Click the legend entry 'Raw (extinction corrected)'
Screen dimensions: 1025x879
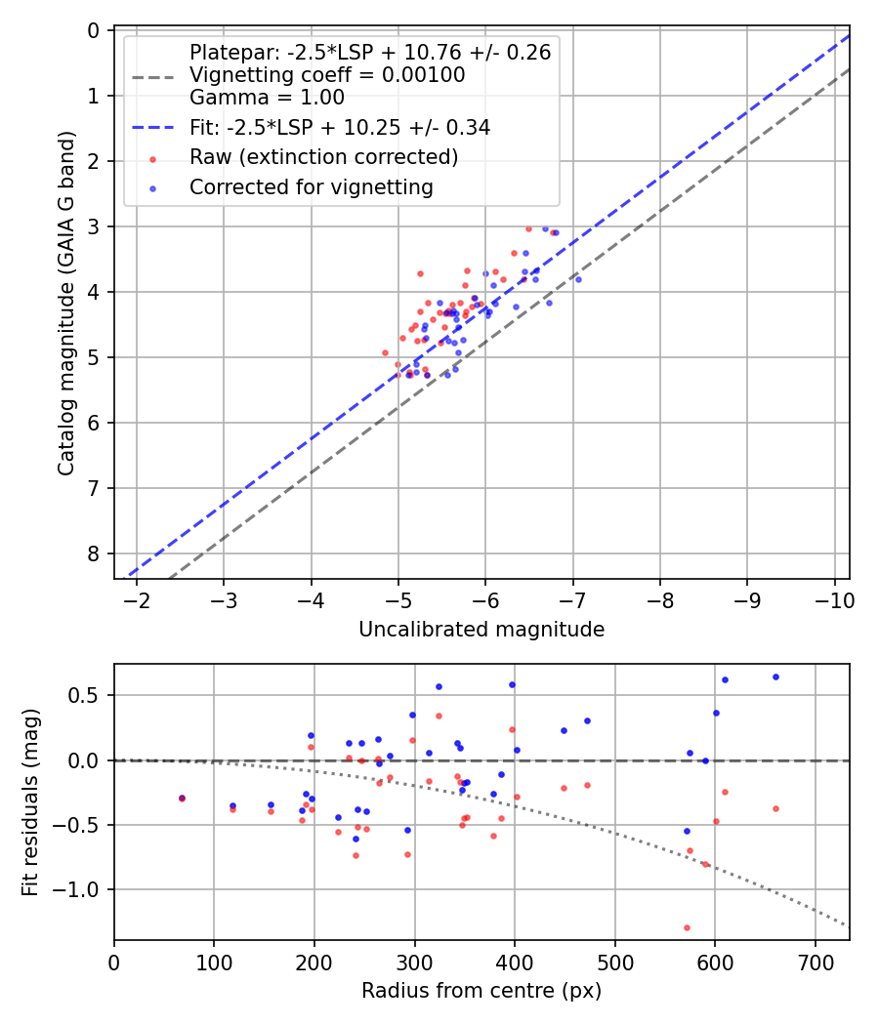pyautogui.click(x=323, y=157)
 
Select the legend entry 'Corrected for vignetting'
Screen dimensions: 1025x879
pyautogui.click(x=311, y=186)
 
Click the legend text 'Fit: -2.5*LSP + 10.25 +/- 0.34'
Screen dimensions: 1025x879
pyautogui.click(x=339, y=128)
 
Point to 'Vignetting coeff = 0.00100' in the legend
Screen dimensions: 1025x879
pyautogui.click(x=326, y=75)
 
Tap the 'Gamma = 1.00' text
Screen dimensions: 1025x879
pyautogui.click(x=266, y=98)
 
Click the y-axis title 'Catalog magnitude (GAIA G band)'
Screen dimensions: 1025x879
pyautogui.click(x=65, y=304)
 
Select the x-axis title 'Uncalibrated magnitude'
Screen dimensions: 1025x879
pyautogui.click(x=481, y=630)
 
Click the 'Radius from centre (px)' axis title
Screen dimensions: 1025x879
pyautogui.click(x=481, y=991)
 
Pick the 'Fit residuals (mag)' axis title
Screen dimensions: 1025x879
pyautogui.click(x=30, y=801)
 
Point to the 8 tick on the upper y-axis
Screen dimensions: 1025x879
pyautogui.click(x=94, y=553)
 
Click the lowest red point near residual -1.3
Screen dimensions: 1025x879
pyautogui.click(x=687, y=927)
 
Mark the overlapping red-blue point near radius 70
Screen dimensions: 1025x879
pyautogui.click(x=182, y=798)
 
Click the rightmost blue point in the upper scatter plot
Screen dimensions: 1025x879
pyautogui.click(x=578, y=279)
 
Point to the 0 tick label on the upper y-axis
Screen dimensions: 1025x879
pyautogui.click(x=94, y=30)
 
